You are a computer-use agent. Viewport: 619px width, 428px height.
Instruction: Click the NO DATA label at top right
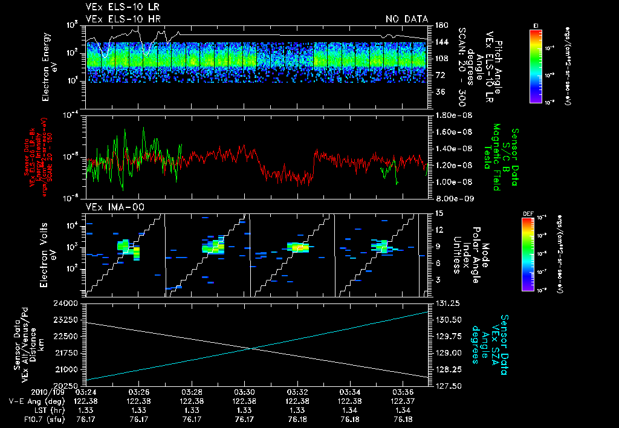click(407, 19)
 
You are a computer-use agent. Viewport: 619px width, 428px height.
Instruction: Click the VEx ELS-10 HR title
click(114, 19)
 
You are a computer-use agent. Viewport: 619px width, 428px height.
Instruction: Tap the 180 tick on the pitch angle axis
click(440, 25)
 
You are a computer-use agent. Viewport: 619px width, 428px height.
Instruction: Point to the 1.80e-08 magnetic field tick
click(453, 115)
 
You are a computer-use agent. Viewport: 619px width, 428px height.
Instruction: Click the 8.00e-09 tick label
click(453, 198)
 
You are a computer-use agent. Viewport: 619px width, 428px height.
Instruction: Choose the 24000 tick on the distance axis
click(71, 303)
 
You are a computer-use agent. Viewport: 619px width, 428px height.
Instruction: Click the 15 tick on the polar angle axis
click(438, 213)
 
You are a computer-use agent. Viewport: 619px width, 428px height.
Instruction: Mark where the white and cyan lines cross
click(250, 348)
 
